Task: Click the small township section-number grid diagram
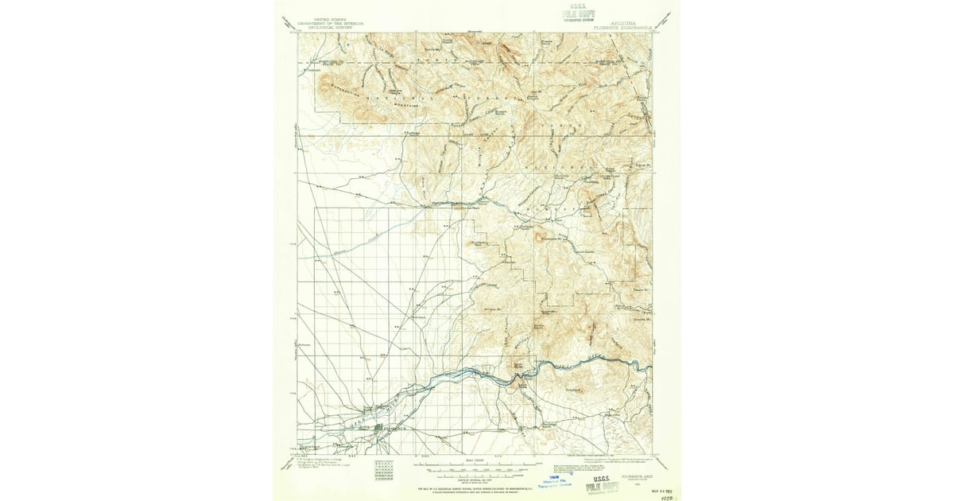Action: pyautogui.click(x=382, y=471)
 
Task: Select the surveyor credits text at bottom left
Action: pyautogui.click(x=321, y=462)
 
